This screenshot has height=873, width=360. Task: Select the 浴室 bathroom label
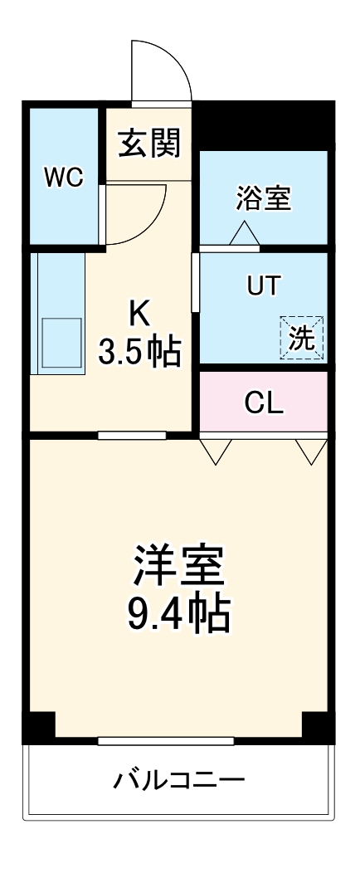(264, 198)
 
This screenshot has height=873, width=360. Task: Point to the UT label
(264, 285)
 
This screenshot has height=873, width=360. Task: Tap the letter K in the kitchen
(139, 314)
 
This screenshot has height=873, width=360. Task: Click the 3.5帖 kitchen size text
(139, 354)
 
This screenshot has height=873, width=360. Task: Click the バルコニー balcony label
(179, 780)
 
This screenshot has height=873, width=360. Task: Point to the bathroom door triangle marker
(244, 235)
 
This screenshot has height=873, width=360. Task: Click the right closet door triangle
(313, 451)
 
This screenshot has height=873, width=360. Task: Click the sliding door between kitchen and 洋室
(131, 435)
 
